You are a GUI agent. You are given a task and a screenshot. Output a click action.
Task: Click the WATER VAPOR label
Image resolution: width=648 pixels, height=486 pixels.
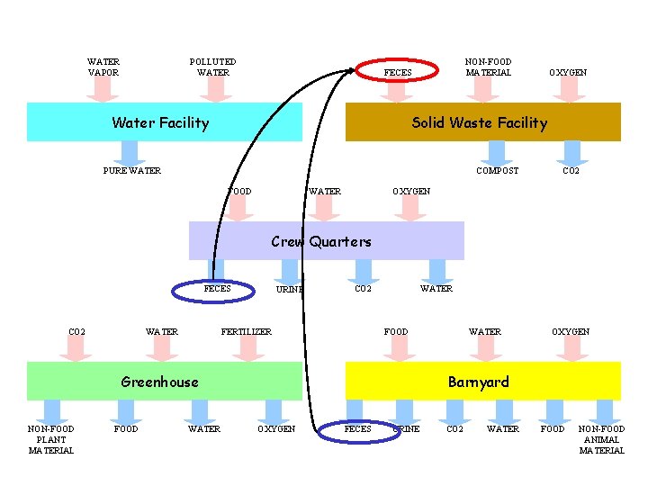(x=103, y=67)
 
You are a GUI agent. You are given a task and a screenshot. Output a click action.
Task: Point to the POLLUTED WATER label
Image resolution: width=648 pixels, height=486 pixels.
(x=213, y=67)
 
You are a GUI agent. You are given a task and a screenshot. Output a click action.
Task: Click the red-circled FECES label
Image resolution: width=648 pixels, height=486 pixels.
(x=398, y=73)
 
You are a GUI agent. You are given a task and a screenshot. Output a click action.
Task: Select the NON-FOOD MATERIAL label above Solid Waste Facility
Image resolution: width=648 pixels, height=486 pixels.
(x=488, y=67)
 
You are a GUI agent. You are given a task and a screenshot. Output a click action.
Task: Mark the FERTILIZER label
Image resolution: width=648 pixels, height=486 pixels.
(x=247, y=332)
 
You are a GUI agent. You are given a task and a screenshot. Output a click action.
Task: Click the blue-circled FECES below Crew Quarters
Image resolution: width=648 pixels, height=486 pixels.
(x=217, y=289)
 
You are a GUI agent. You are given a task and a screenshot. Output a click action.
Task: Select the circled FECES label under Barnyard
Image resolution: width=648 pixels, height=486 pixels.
(x=357, y=428)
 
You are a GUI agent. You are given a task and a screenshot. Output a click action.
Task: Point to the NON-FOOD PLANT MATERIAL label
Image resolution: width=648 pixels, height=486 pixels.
(x=51, y=439)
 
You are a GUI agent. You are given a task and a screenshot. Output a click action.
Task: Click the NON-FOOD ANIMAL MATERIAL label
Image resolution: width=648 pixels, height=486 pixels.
(x=601, y=439)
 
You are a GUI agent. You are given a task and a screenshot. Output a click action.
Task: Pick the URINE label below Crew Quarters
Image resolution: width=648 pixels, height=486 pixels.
(x=289, y=290)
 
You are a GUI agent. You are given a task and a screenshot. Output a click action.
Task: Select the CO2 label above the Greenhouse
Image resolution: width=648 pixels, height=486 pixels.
(x=77, y=332)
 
